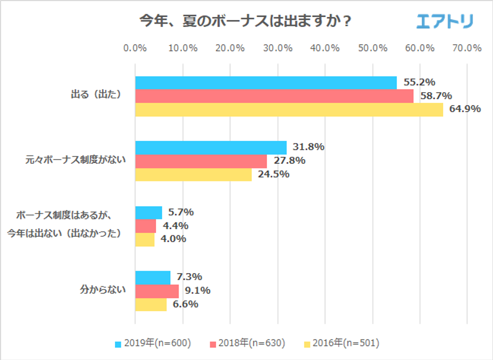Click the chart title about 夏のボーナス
[x=245, y=21]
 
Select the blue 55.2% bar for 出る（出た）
[x=265, y=83]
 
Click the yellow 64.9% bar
[x=289, y=109]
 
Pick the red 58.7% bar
[x=274, y=96]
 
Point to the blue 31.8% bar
[x=211, y=147]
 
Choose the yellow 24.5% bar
[x=193, y=174]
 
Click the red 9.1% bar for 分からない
[x=157, y=291]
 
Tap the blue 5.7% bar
[x=148, y=213]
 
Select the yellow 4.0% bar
[x=144, y=239]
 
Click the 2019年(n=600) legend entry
[x=153, y=342]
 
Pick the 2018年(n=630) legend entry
[x=248, y=342]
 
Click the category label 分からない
[x=103, y=290]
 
